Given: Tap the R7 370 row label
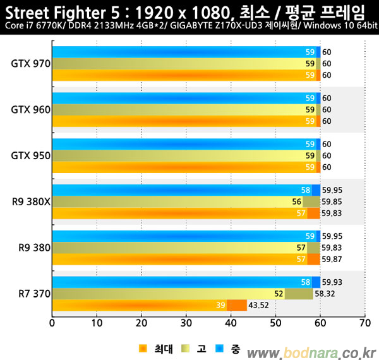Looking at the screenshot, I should pyautogui.click(x=32, y=294).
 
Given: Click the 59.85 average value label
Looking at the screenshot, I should pyautogui.click(x=333, y=202).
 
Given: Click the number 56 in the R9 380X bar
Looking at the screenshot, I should pyautogui.click(x=297, y=202).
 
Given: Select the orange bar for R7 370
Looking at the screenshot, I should pyautogui.click(x=139, y=306).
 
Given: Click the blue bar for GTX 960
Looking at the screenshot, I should pyautogui.click(x=183, y=98).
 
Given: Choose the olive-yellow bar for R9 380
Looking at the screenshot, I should pyautogui.click(x=183, y=248).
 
